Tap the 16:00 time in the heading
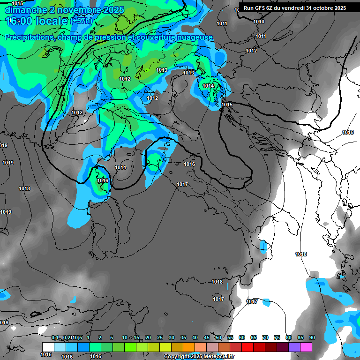pyautogui.click(x=19, y=21)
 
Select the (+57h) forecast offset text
pyautogui.click(x=82, y=21)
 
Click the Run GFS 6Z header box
pyautogui.click(x=294, y=8)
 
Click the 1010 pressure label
pyautogui.click(x=258, y=22)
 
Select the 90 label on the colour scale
pyautogui.click(x=312, y=338)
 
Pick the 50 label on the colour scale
pyautogui.click(x=218, y=338)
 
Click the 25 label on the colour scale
pyautogui.click(x=160, y=338)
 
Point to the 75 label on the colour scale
pyautogui.click(x=277, y=338)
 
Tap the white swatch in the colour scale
pyautogui.click(x=48, y=347)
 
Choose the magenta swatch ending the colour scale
pyautogui.click(x=306, y=347)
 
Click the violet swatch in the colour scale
pyautogui.click(x=294, y=347)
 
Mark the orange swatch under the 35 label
pyautogui.click(x=188, y=347)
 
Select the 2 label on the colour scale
pyautogui.click(x=100, y=338)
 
